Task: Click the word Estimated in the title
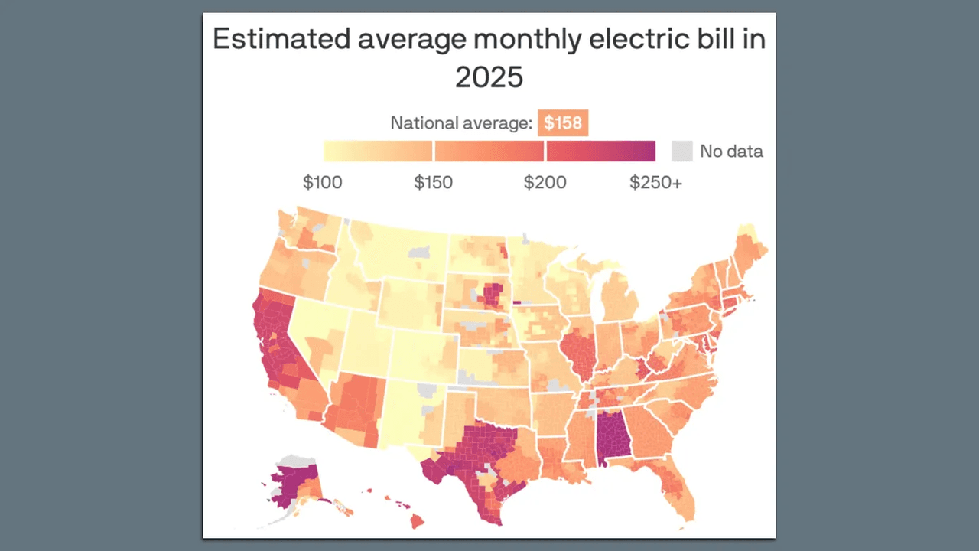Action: click(272, 39)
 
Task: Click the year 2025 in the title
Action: click(489, 77)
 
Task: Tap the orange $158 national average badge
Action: click(563, 123)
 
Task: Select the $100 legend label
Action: click(323, 183)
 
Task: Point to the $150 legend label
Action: click(433, 183)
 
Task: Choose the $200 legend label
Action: click(545, 183)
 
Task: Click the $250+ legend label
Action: click(655, 183)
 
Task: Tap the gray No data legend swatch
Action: click(681, 151)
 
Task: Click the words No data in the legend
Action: click(731, 152)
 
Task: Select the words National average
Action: click(461, 123)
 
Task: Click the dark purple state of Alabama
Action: click(612, 436)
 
